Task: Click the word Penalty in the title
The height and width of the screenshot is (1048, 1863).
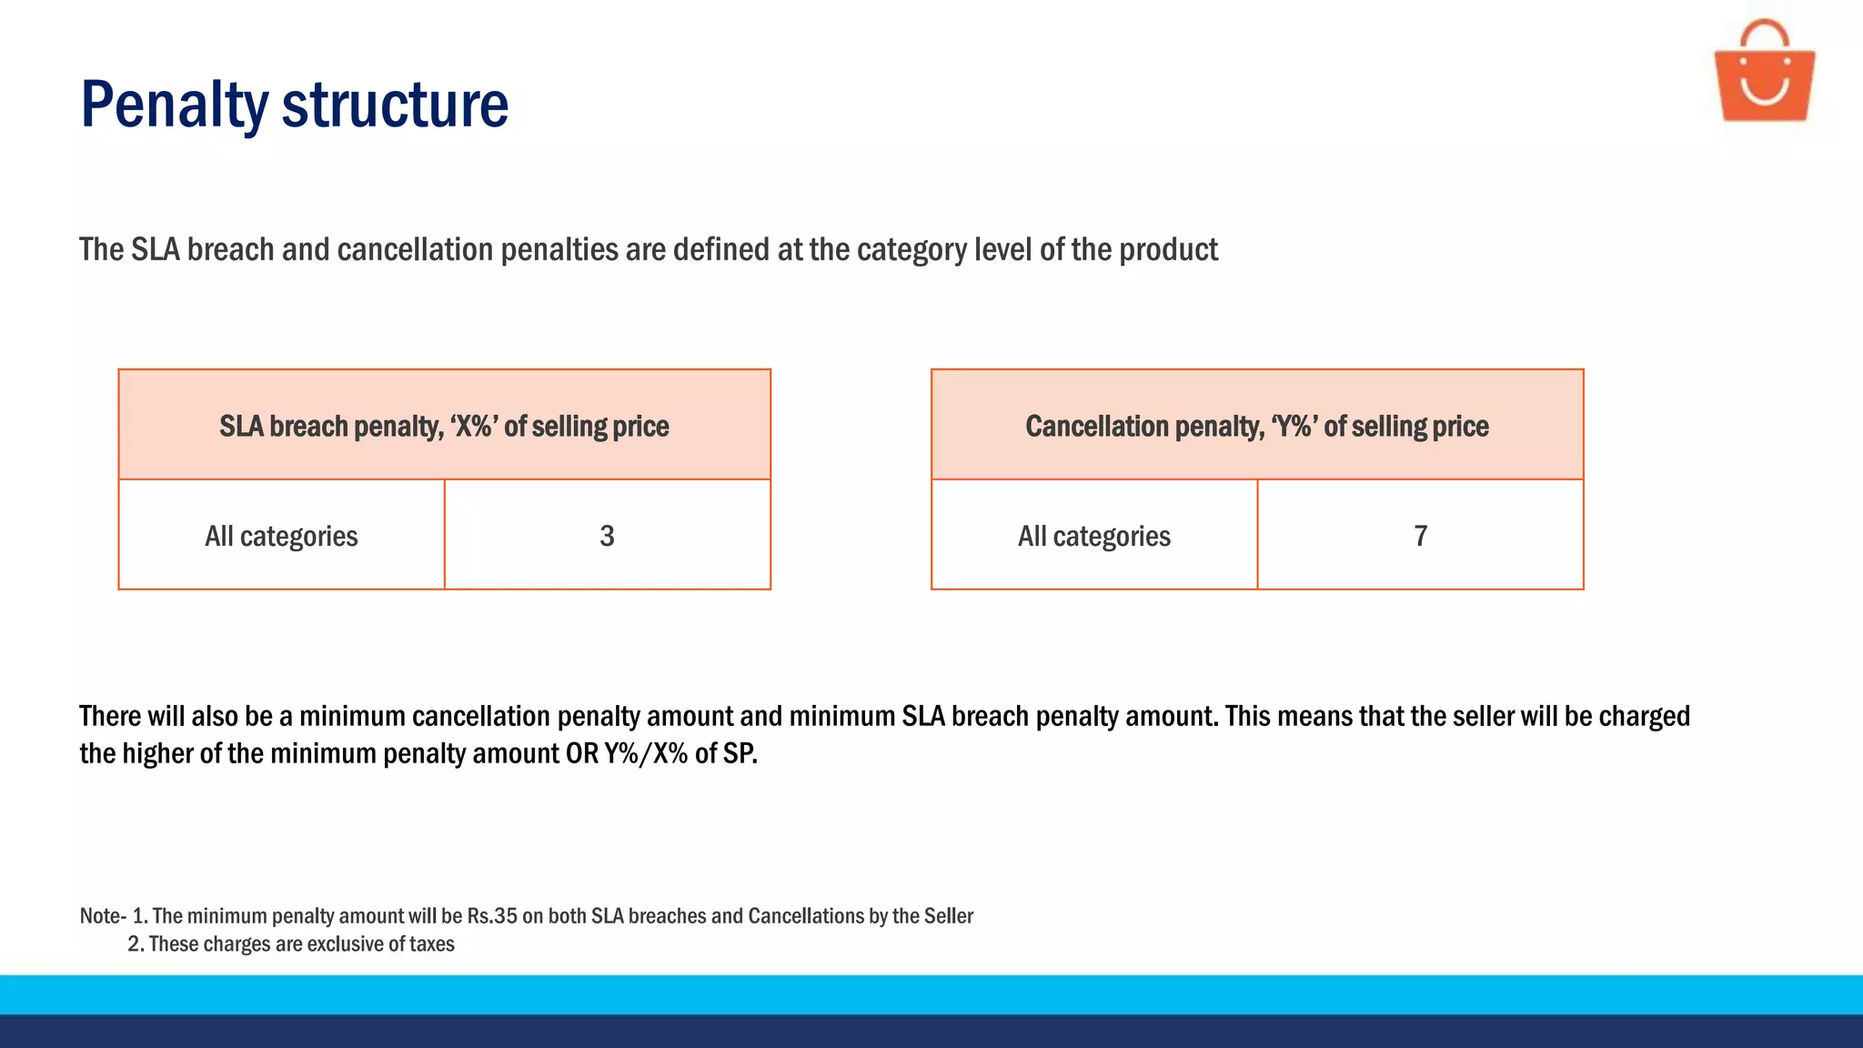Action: [x=174, y=106]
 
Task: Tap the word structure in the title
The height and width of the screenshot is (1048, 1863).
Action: [x=395, y=106]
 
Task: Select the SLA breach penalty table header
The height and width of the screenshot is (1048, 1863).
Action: [x=444, y=426]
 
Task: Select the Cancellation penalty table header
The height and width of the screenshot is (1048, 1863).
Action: [x=1256, y=426]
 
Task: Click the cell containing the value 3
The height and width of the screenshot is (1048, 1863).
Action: [x=607, y=536]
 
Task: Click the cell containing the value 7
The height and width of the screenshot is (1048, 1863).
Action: [x=1420, y=536]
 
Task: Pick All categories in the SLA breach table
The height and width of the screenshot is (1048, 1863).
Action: [x=281, y=536]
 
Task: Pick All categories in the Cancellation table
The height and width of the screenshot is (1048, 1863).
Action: [x=1093, y=536]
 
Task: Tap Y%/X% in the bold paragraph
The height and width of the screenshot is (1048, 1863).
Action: [x=645, y=754]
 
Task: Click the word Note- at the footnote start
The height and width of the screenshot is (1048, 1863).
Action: [x=102, y=916]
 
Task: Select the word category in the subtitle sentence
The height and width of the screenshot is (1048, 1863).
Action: [x=911, y=250]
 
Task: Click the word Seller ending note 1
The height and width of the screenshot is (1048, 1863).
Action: [x=948, y=916]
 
